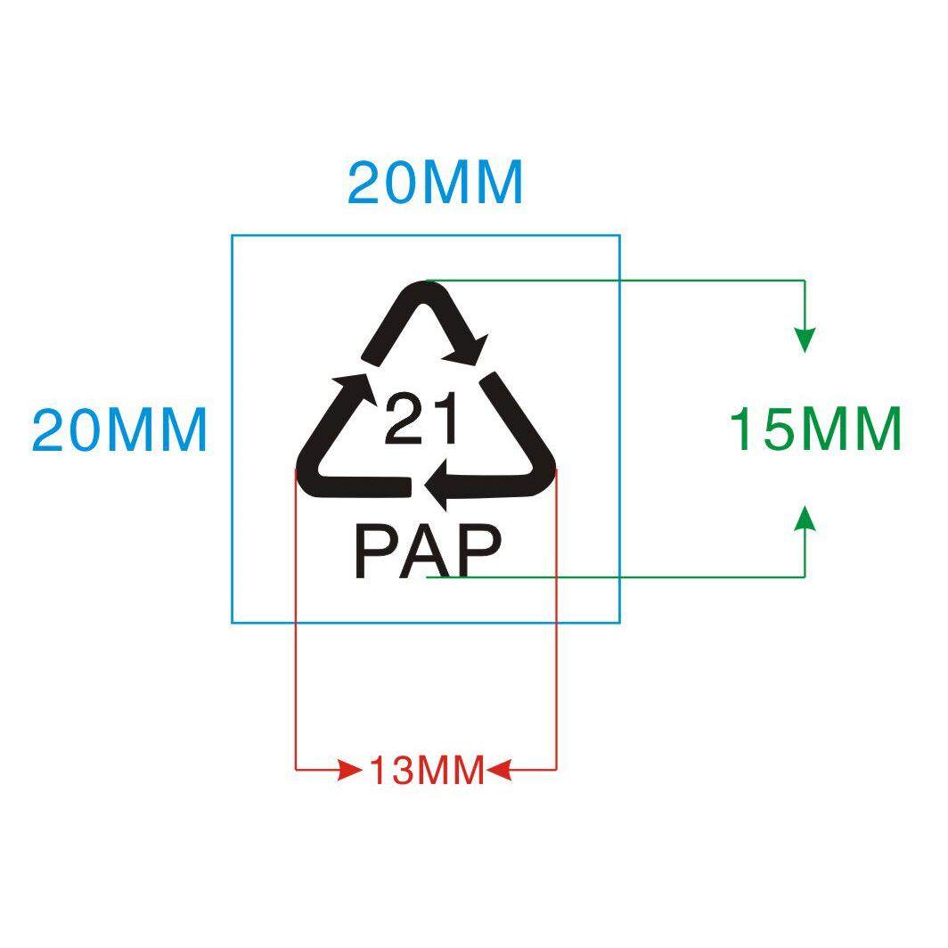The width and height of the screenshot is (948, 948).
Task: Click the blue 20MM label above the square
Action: coord(435,184)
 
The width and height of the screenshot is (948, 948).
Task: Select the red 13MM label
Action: coord(427,770)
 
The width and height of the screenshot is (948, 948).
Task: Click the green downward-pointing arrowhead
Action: coord(805,339)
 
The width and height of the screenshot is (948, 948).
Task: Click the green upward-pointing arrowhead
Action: coord(805,518)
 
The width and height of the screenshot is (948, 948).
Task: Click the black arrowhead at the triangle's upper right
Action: coord(473,348)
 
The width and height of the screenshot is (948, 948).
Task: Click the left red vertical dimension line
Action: coord(296,624)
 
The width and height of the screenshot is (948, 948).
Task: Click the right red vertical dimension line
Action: coord(557,624)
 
